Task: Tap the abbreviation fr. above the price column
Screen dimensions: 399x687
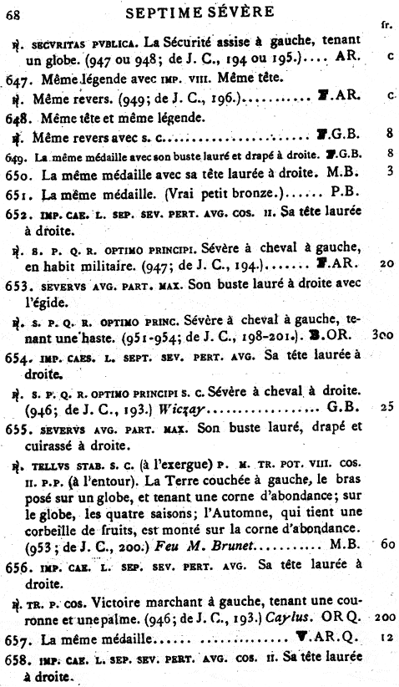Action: [386, 25]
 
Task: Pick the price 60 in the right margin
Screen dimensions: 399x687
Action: [387, 546]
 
